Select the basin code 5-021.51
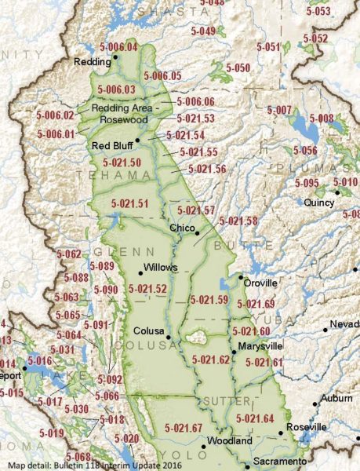(x=129, y=204)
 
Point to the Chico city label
(x=183, y=228)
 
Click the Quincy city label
(x=319, y=202)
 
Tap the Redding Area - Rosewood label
(x=125, y=114)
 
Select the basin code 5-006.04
(x=118, y=47)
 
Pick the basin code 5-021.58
(x=239, y=221)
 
